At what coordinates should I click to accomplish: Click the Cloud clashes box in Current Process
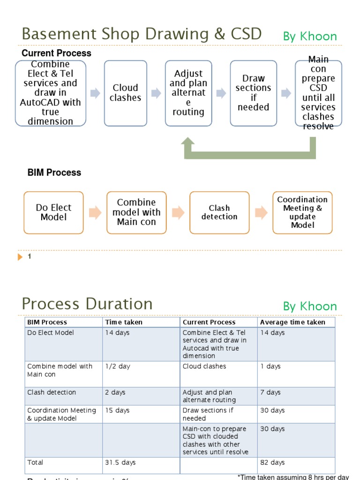click(x=125, y=93)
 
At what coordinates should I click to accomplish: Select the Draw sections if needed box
click(x=253, y=93)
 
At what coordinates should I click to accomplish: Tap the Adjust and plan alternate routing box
click(x=188, y=93)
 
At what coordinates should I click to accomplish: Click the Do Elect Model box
click(x=53, y=212)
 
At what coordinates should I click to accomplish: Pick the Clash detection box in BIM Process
click(x=219, y=212)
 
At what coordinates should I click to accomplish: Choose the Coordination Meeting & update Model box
click(x=302, y=212)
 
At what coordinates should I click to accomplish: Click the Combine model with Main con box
click(x=136, y=212)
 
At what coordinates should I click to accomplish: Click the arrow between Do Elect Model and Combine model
click(x=95, y=212)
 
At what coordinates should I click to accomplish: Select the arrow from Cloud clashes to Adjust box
click(x=156, y=93)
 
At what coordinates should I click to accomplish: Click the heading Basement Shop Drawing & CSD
click(x=142, y=34)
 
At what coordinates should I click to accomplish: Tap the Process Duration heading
click(x=87, y=304)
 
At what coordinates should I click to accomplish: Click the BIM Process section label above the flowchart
click(x=54, y=172)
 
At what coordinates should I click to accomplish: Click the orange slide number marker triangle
click(x=20, y=257)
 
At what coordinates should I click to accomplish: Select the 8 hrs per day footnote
click(x=293, y=477)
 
